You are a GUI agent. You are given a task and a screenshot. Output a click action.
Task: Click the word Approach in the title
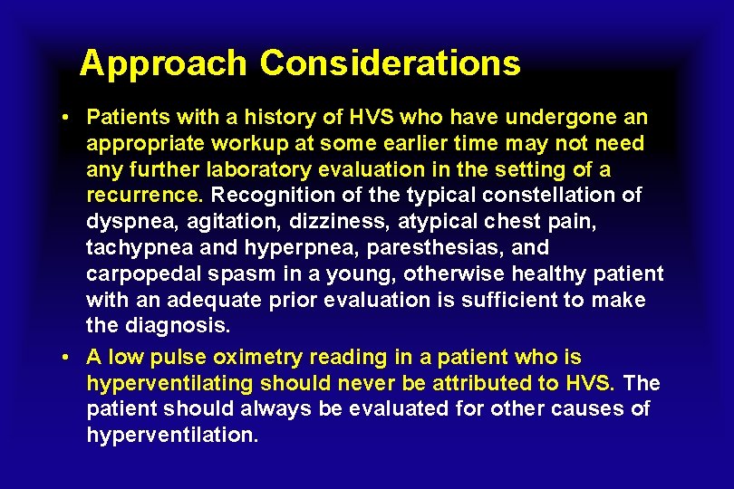[x=162, y=63]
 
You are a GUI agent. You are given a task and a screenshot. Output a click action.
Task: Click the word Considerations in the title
[x=391, y=63]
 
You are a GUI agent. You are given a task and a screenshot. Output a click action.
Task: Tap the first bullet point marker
[x=68, y=118]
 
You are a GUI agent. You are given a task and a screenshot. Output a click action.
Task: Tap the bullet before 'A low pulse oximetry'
[x=68, y=357]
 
